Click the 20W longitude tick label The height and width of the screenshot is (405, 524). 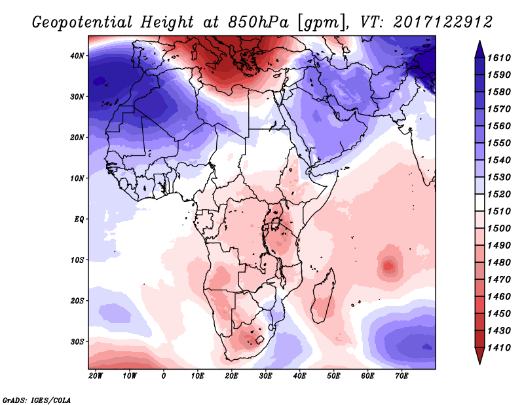[x=95, y=376]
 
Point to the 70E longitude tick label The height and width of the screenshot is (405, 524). [x=402, y=376]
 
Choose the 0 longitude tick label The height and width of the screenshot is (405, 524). [x=164, y=376]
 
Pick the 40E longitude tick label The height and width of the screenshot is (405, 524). [x=299, y=376]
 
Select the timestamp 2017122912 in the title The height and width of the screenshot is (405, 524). [x=443, y=22]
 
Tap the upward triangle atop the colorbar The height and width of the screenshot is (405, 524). [x=479, y=47]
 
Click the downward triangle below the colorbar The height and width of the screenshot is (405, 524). [x=479, y=357]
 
